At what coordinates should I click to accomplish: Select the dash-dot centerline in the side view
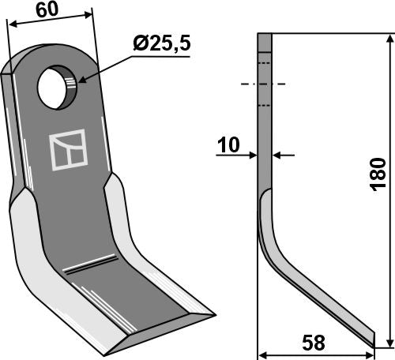point(265,84)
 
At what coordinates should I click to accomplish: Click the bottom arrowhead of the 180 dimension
point(387,341)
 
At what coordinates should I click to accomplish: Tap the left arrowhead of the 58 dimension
point(264,354)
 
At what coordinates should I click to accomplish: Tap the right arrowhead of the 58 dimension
point(371,354)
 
